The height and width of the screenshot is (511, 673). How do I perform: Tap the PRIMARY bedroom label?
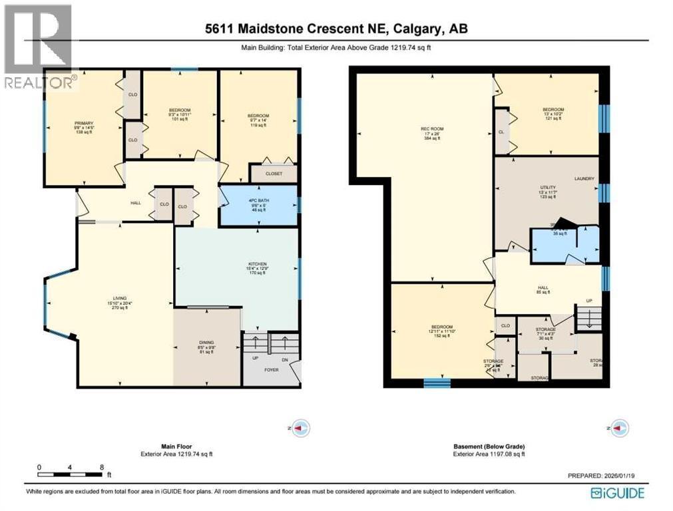coord(84,123)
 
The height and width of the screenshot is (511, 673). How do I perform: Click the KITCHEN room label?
coord(258,264)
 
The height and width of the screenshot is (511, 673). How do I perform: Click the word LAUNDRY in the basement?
coord(584,179)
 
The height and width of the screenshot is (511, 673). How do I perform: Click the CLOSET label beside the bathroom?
coord(274,174)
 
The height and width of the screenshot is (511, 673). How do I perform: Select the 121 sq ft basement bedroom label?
coord(553,110)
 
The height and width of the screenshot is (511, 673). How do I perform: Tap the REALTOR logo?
coord(37,46)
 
